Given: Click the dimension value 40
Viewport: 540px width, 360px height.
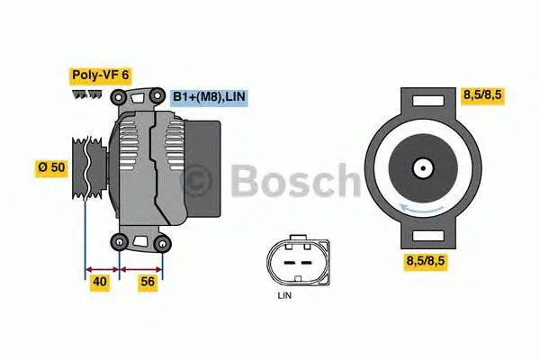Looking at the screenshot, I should [x=101, y=283].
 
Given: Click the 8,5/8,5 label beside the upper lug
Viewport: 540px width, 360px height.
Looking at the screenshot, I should [x=483, y=93].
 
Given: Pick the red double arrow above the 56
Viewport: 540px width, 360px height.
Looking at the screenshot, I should [x=141, y=268].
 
